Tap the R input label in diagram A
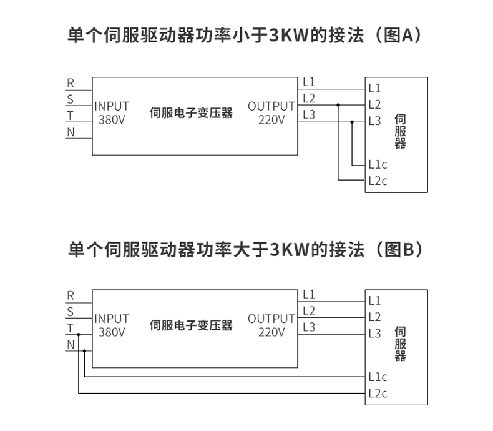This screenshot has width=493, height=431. coord(71,82)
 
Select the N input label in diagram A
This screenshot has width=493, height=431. coord(71,132)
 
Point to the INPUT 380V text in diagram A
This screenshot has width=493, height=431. coord(112,112)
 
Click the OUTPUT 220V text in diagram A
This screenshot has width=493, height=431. coord(271,112)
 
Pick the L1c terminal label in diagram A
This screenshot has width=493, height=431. coord(378,165)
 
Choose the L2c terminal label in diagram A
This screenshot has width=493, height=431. coord(378,181)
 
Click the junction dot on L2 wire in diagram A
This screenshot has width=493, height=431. coord(338,105)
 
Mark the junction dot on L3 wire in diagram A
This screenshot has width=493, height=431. coord(352,122)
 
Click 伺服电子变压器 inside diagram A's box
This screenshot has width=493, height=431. coord(191,113)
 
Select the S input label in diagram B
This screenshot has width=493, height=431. coord(71,312)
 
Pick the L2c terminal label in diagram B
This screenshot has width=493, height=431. coord(378,393)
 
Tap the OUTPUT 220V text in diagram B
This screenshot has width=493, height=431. coord(271,325)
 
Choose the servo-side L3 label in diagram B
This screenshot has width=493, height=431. coord(374,334)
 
